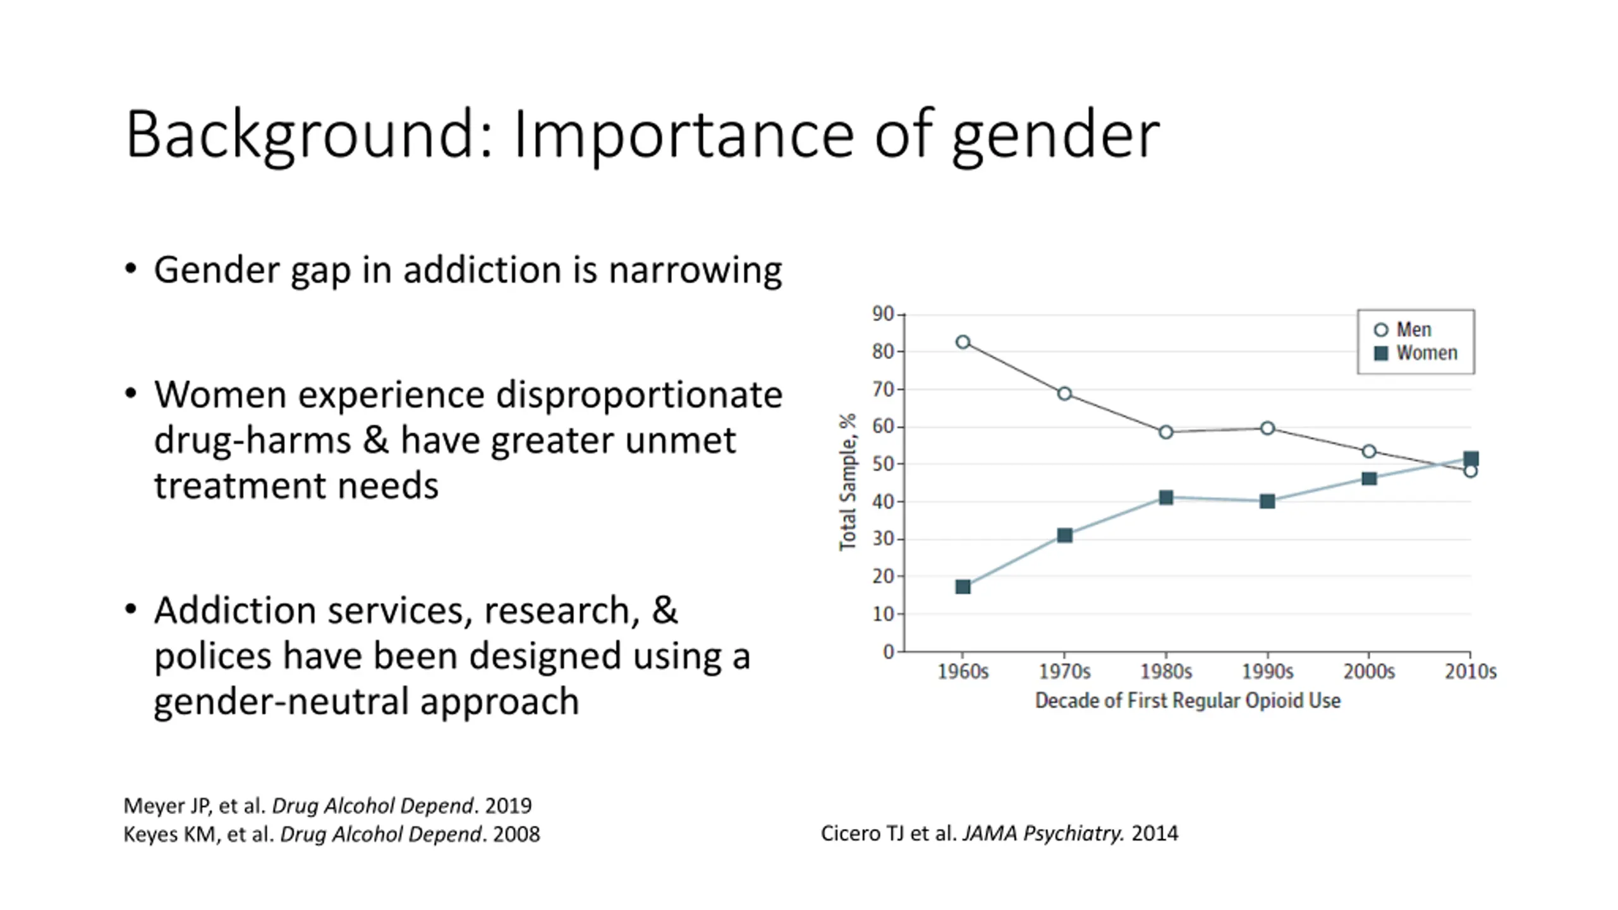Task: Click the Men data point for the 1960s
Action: [x=963, y=342]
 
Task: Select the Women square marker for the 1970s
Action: [x=1064, y=535]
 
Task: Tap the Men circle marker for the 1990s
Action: [x=1267, y=428]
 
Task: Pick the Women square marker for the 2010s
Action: [x=1471, y=459]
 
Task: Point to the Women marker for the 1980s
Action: [x=1166, y=497]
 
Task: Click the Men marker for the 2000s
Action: [x=1369, y=451]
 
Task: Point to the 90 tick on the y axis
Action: [x=882, y=314]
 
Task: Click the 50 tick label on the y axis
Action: [x=882, y=464]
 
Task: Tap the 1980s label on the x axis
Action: [x=1166, y=671]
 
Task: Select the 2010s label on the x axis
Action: [x=1470, y=671]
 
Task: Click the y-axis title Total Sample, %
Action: [x=848, y=482]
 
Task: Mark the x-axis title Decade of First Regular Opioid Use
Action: [x=1188, y=701]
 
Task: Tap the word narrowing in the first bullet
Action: [x=695, y=270]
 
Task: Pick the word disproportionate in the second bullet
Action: [x=639, y=396]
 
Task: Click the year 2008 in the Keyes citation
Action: [x=516, y=834]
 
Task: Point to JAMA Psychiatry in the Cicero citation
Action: [x=1043, y=834]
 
